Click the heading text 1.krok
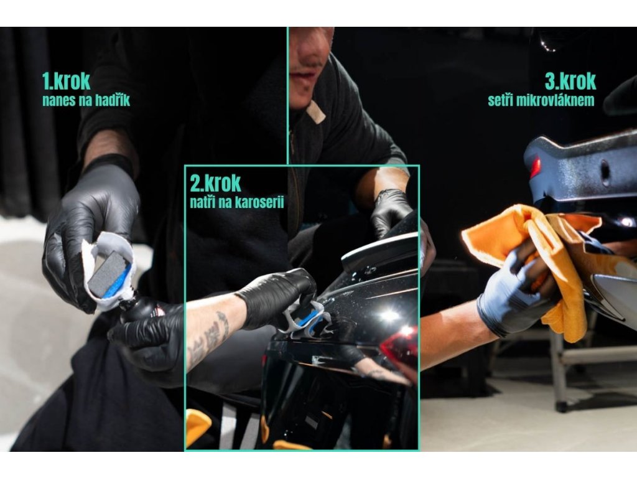(x=67, y=81)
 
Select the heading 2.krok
(x=215, y=183)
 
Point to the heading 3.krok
(x=570, y=81)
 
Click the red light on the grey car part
(x=534, y=167)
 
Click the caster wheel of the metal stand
(x=562, y=406)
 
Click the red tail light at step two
(x=401, y=349)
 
